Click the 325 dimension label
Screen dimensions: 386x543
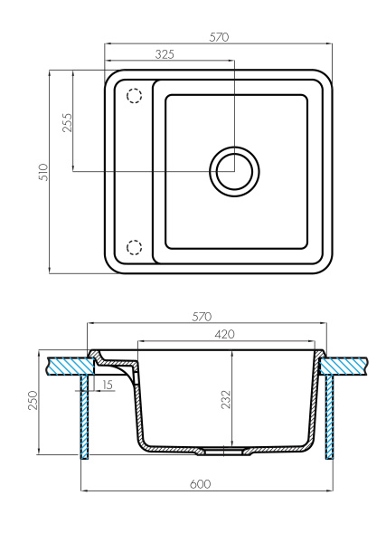[165, 54]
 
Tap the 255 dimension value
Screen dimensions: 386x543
[68, 122]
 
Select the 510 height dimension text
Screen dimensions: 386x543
[44, 172]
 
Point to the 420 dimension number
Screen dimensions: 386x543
[224, 334]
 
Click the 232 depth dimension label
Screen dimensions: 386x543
[226, 400]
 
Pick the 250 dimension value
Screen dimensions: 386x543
[33, 400]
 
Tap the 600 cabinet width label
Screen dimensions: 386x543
[200, 484]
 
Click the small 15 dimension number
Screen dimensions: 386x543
[108, 385]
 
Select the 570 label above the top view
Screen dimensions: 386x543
[219, 37]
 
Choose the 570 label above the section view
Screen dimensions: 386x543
[202, 317]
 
